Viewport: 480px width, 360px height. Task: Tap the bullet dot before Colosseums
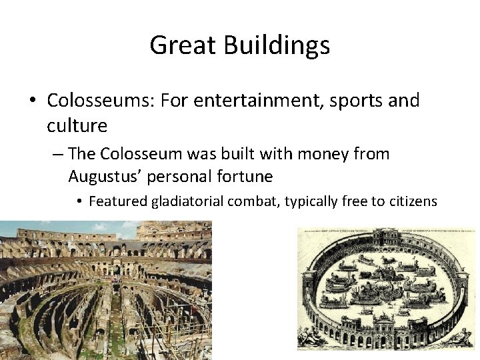(x=32, y=101)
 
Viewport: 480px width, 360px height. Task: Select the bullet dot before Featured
(x=79, y=200)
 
